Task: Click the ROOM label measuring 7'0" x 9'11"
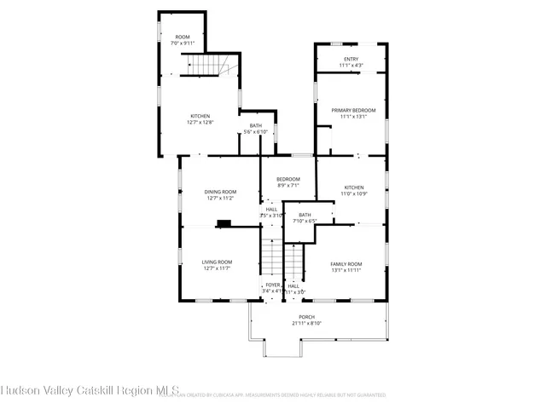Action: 183,37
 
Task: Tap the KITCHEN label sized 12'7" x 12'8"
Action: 200,116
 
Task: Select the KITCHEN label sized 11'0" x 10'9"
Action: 354,187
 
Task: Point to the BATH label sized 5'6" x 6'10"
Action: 256,126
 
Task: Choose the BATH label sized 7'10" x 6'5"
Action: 305,215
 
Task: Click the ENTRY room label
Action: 351,59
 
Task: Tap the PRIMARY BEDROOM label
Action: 353,110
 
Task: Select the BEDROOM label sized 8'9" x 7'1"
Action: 288,179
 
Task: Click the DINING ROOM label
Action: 219,192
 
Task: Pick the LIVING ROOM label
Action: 217,262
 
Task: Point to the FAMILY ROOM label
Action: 346,263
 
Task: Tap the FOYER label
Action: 272,285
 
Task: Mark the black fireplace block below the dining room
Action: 224,224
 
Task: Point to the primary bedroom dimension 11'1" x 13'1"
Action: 353,117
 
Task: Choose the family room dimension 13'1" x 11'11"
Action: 346,270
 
